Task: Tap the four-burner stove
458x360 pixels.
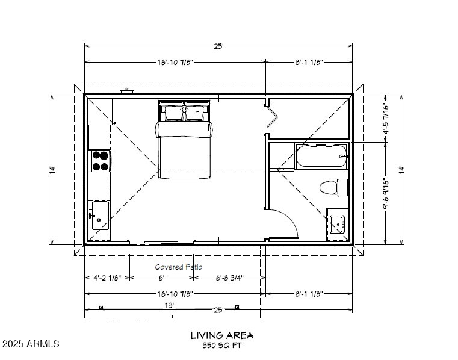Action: [100, 160]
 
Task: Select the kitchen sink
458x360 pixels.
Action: [99, 216]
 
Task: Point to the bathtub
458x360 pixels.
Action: [321, 156]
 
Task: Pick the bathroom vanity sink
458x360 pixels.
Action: [337, 225]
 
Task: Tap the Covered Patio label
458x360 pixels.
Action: [179, 267]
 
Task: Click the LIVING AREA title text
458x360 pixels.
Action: [222, 335]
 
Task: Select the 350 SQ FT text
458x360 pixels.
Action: [222, 346]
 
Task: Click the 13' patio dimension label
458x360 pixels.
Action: [170, 305]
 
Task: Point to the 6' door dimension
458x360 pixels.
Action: [161, 278]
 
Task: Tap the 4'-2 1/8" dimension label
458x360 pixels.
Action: [107, 278]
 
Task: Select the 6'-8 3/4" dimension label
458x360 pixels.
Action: [229, 278]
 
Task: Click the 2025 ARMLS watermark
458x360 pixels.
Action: [31, 344]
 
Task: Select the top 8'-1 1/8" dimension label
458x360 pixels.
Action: [309, 62]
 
